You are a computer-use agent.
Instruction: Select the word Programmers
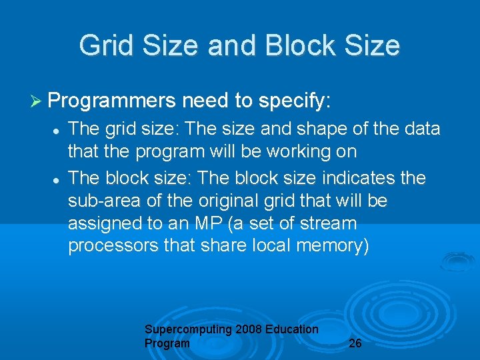111,101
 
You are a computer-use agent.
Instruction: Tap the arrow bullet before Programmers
37,101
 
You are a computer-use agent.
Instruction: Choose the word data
423,129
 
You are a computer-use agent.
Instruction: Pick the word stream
325,223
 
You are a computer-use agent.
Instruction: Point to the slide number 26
355,343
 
